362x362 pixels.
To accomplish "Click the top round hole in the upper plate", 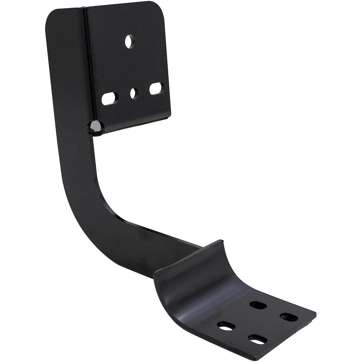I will [x=128, y=42].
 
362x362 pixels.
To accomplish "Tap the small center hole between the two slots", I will [x=133, y=93].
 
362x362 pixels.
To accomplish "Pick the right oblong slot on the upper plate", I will [x=156, y=89].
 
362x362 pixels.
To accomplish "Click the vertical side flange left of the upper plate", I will [x=67, y=67].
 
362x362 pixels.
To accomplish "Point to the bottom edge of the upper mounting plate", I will [x=134, y=126].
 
